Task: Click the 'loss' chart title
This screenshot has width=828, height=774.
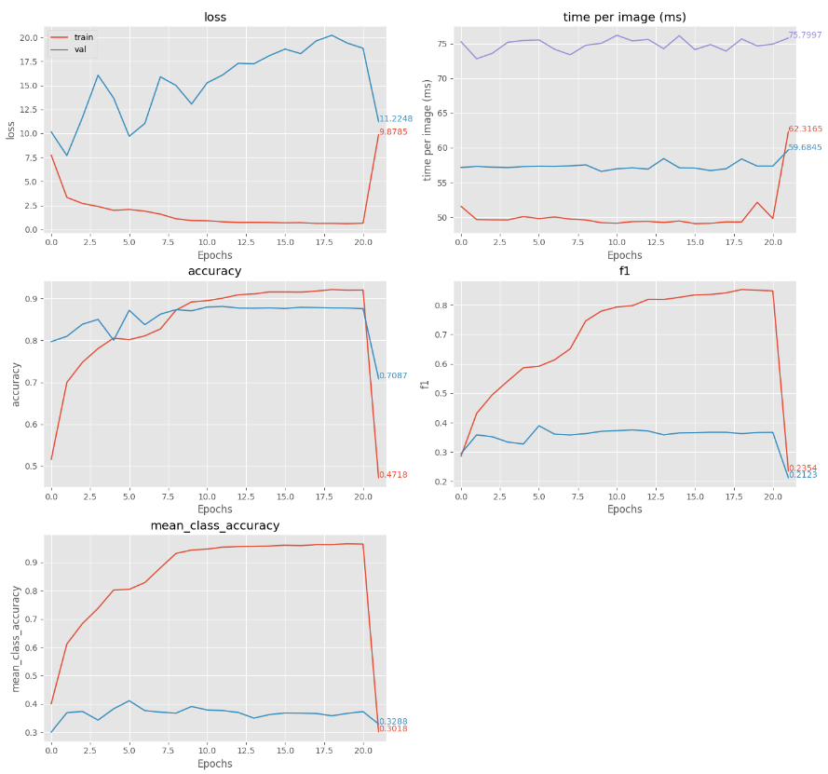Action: click(214, 17)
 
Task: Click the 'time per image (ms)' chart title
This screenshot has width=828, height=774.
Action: click(624, 17)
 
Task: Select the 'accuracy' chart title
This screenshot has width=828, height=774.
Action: click(214, 271)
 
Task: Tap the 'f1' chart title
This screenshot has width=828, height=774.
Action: click(624, 271)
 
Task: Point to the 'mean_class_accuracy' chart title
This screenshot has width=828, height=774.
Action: click(214, 526)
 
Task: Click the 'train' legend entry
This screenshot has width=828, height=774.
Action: click(84, 36)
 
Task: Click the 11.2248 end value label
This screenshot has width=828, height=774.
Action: click(395, 119)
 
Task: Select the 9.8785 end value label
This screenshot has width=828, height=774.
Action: click(393, 132)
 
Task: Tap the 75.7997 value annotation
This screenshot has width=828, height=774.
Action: click(805, 35)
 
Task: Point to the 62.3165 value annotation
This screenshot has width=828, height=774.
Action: click(805, 129)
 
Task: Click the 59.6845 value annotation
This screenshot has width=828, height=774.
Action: click(805, 147)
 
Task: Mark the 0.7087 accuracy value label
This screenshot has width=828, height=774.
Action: click(392, 376)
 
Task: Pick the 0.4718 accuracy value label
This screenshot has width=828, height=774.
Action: click(392, 475)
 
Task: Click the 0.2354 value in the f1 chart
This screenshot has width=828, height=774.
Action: click(802, 468)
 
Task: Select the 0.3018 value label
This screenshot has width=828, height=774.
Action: click(392, 729)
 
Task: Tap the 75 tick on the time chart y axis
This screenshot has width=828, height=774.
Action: click(443, 44)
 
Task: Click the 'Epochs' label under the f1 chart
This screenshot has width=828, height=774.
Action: click(624, 509)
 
